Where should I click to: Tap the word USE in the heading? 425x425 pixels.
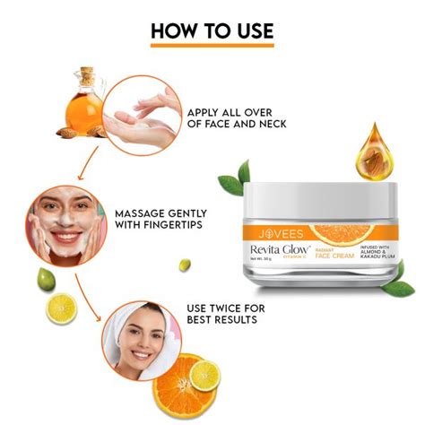click(x=250, y=30)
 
